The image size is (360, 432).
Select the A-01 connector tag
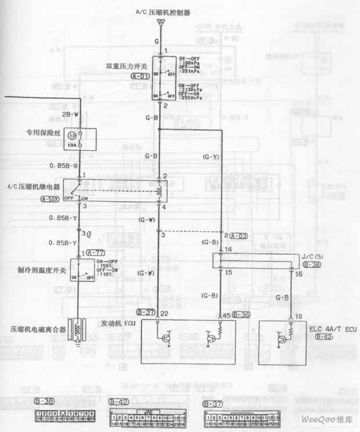coord(140,76)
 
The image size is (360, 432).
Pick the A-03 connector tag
coord(239,236)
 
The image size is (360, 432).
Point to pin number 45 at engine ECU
coord(227,315)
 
